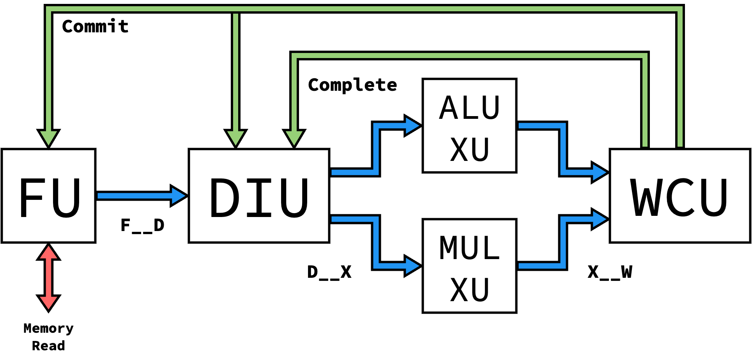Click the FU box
click(48, 196)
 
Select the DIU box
click(259, 196)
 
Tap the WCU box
click(679, 196)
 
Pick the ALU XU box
click(469, 125)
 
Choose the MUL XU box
click(469, 266)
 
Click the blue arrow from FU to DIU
click(140, 196)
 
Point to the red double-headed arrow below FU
click(49, 277)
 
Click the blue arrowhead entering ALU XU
click(412, 125)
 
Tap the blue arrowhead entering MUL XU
click(412, 266)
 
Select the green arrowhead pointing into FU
click(49, 138)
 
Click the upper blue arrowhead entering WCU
click(599, 172)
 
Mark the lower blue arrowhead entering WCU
click(599, 219)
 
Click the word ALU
click(469, 108)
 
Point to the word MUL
click(469, 248)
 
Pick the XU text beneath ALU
click(469, 150)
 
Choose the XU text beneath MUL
click(469, 290)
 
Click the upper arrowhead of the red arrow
click(49, 252)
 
